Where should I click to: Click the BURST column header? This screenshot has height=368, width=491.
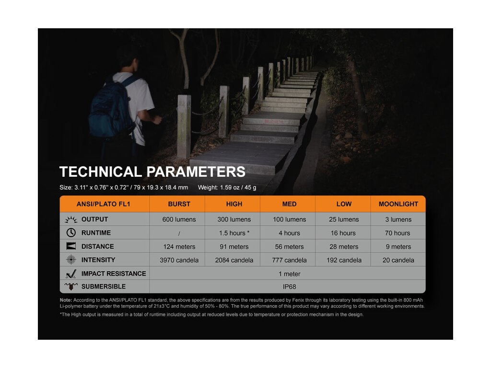[179, 204]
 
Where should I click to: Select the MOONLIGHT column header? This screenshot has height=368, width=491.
[398, 204]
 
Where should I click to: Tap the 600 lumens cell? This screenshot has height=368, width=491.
[179, 219]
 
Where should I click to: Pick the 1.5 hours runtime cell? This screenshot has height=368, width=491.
[234, 233]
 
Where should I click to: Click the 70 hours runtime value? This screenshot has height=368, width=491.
[397, 233]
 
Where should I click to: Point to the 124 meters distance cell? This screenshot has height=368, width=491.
[179, 247]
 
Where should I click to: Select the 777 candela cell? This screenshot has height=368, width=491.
[289, 260]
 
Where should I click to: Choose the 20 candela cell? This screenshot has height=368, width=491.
[398, 260]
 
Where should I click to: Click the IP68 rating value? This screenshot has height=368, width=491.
[289, 287]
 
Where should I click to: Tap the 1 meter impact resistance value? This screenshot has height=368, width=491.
[289, 274]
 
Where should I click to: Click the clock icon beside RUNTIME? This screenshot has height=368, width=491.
[71, 232]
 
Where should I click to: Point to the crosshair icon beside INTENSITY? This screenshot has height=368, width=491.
[71, 259]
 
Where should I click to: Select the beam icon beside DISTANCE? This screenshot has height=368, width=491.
[71, 246]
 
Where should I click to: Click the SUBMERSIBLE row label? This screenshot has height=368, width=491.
[104, 287]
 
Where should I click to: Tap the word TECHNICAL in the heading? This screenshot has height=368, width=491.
[101, 172]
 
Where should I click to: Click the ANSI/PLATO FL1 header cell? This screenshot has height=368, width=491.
[104, 204]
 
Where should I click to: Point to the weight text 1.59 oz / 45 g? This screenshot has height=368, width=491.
[238, 187]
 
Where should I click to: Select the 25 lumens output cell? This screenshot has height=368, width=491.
[344, 219]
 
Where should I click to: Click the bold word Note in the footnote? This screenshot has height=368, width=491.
[66, 300]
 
